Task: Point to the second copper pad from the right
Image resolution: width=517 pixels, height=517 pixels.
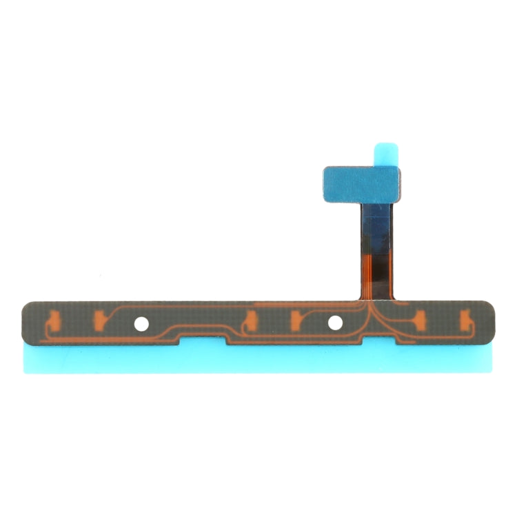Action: tap(420, 318)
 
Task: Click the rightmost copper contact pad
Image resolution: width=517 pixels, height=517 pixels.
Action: tap(465, 318)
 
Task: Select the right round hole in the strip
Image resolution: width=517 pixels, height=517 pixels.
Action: tap(335, 322)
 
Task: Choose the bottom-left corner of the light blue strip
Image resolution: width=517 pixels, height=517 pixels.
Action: tap(26, 372)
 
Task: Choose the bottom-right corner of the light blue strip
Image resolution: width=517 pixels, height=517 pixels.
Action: tap(491, 372)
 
